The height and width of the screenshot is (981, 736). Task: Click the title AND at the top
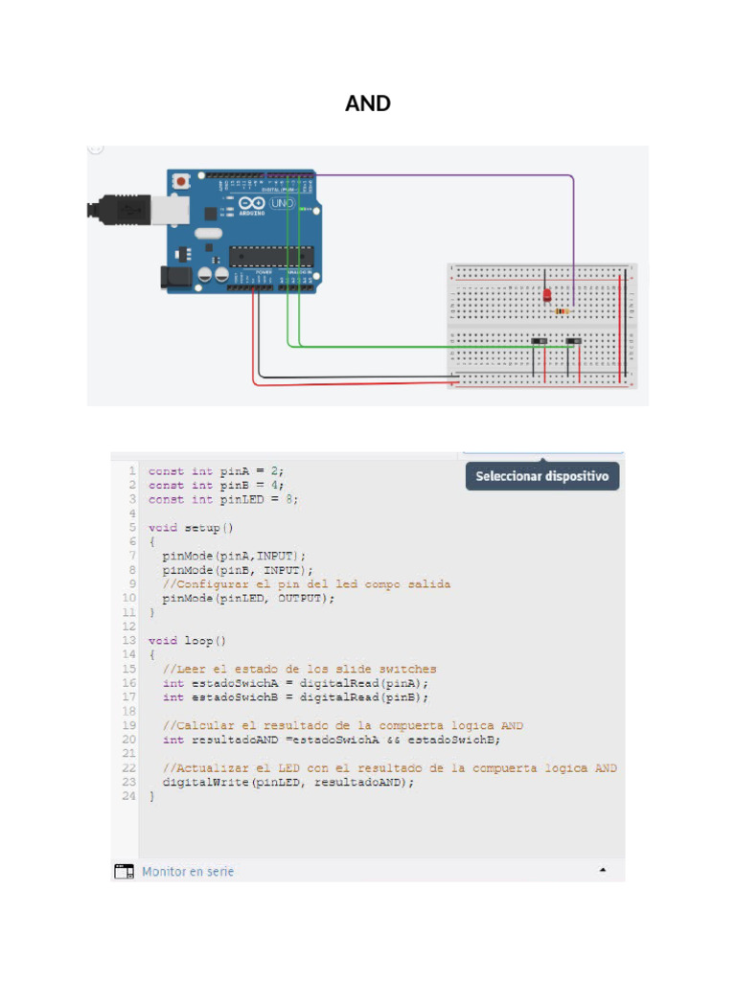point(368,103)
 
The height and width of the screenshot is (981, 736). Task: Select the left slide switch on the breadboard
point(540,341)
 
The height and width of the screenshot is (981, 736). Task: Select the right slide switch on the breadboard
point(574,341)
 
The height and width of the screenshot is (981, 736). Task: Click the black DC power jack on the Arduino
point(173,277)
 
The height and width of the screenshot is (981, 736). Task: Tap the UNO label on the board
point(282,204)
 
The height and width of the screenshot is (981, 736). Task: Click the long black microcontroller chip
point(270,255)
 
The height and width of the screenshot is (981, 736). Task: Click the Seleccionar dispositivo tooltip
point(541,476)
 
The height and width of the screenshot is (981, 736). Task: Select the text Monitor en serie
point(188,871)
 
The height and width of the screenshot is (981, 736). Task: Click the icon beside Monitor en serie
point(124,871)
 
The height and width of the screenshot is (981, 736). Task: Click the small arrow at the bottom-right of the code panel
point(603,871)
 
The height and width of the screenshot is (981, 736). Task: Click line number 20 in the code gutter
point(129,740)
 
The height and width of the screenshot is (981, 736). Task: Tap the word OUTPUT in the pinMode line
point(303,598)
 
